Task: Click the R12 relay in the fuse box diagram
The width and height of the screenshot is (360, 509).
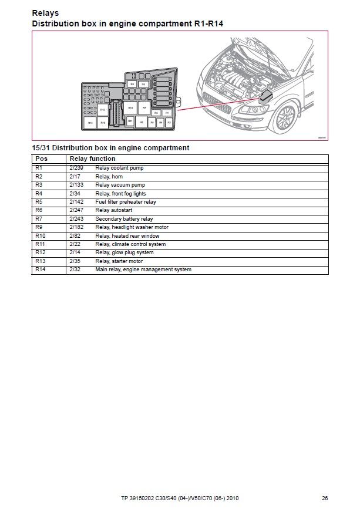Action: [x=103, y=109]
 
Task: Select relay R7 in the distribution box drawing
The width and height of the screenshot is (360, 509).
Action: [x=144, y=108]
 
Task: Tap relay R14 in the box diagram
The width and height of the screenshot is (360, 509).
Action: [x=90, y=123]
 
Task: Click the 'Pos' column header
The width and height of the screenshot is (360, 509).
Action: [x=41, y=159]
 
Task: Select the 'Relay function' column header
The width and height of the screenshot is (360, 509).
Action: [x=92, y=159]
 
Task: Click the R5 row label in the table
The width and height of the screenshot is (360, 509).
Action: [x=39, y=202]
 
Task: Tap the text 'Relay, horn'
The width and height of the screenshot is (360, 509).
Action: [x=109, y=176]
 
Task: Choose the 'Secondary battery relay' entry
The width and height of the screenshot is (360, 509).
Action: [x=124, y=219]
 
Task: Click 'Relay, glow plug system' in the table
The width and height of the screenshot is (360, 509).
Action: [x=124, y=252]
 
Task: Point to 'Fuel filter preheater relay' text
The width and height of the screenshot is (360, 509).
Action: [x=126, y=202]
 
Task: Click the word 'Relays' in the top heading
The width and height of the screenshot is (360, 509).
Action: [x=45, y=13]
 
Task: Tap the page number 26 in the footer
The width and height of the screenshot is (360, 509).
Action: [x=325, y=498]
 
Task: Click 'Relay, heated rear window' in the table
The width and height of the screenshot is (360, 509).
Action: [x=127, y=236]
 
